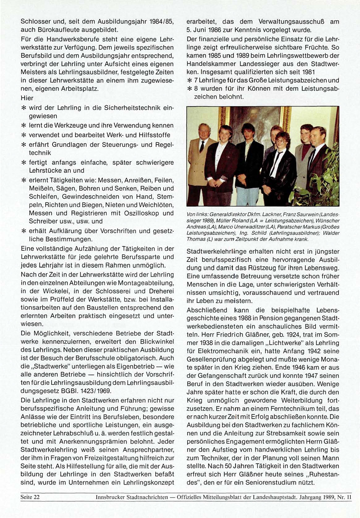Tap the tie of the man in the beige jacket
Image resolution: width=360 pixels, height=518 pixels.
[202, 146]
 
